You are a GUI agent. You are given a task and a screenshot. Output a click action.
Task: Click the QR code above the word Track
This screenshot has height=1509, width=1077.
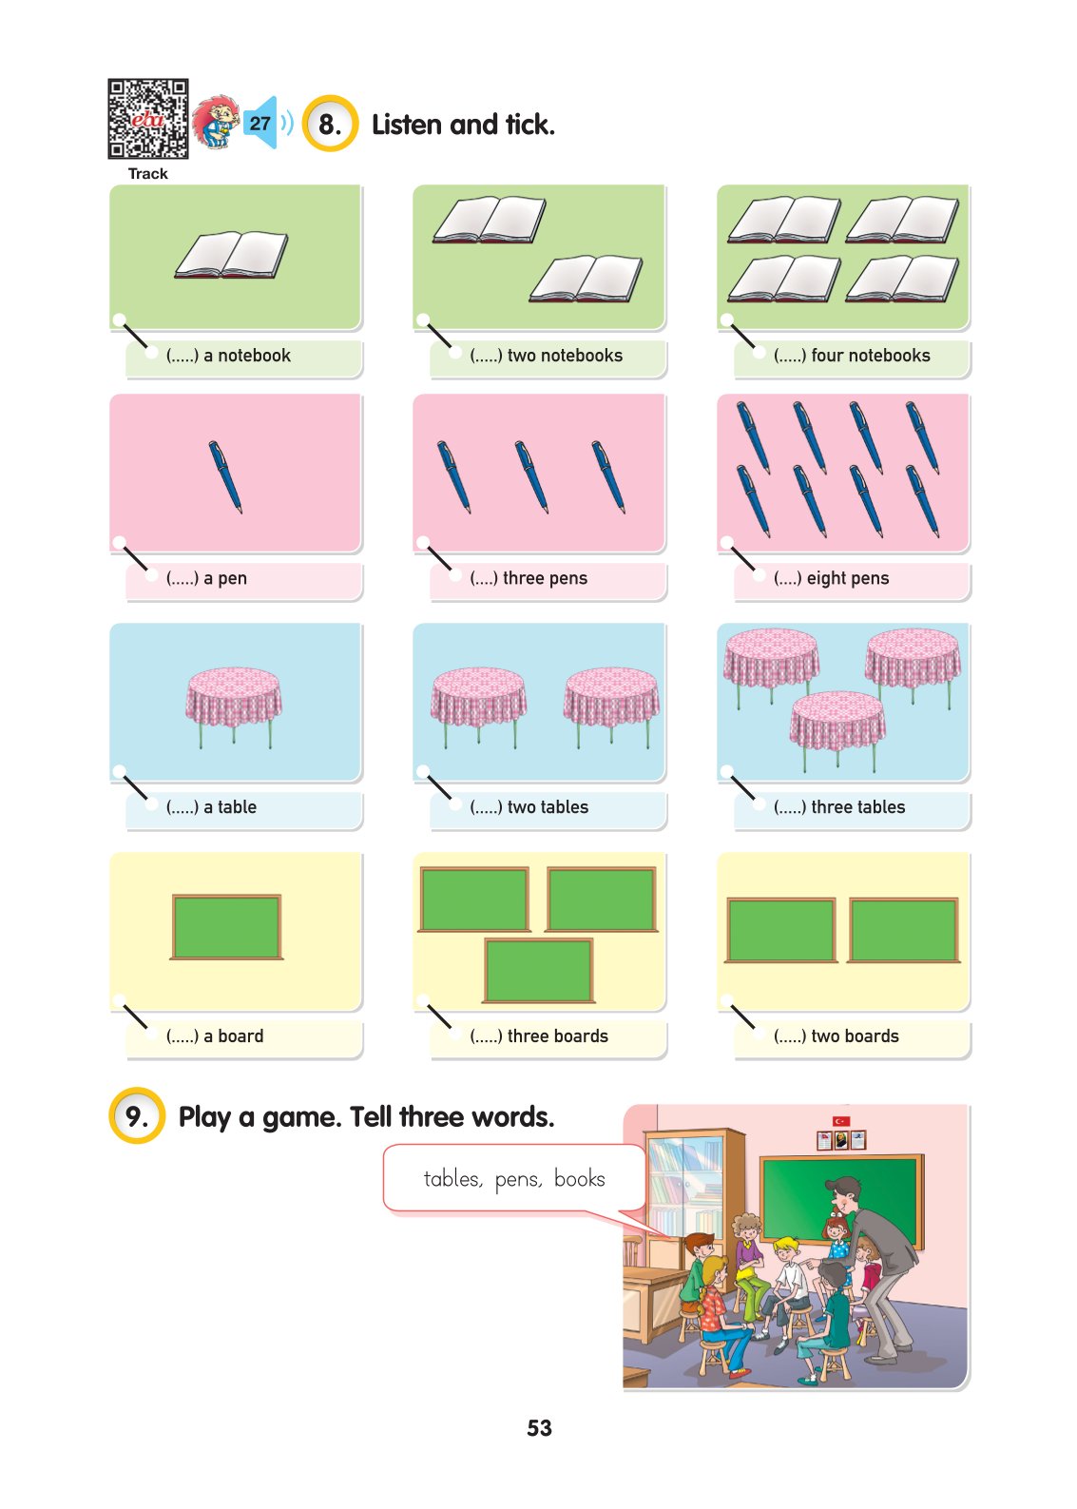[147, 119]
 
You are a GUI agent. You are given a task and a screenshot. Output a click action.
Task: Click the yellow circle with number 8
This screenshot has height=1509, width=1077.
[329, 124]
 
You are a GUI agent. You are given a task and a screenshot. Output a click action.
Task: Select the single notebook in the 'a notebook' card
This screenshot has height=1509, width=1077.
[231, 255]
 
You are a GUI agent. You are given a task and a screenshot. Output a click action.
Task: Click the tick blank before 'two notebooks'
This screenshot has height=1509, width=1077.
[486, 355]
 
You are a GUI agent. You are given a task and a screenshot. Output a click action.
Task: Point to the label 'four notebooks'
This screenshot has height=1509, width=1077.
[870, 355]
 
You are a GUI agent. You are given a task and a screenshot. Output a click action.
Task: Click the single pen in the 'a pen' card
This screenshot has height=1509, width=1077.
[225, 477]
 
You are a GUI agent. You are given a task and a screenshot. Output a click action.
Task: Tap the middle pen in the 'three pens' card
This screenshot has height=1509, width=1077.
[531, 477]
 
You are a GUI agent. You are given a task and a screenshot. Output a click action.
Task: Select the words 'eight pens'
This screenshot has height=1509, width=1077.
[847, 578]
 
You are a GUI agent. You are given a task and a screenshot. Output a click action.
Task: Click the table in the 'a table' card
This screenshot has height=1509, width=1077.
[234, 706]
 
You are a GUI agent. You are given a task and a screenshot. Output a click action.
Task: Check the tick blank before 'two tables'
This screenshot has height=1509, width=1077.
[486, 806]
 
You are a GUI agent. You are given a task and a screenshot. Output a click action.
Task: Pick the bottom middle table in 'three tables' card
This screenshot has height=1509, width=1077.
[837, 730]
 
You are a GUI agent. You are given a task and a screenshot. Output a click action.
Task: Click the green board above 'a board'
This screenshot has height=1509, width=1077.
[226, 926]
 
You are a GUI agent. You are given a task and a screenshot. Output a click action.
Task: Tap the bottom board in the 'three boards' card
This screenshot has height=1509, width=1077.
[539, 970]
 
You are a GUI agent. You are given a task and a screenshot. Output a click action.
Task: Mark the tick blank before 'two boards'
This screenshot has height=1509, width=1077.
[789, 1035]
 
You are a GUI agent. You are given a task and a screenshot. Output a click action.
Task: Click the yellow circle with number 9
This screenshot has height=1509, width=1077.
[137, 1116]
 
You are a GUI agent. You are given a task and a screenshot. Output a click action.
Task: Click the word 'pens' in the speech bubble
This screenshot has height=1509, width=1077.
[518, 1179]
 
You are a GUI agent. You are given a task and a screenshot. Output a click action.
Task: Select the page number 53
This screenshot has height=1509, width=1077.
[540, 1427]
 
